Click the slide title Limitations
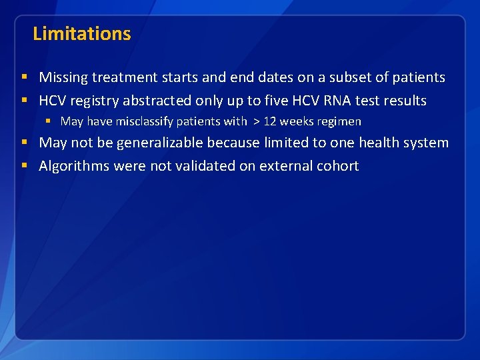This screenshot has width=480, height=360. click(x=81, y=33)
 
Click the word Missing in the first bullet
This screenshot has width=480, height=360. click(x=63, y=77)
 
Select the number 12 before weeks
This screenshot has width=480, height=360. click(x=271, y=121)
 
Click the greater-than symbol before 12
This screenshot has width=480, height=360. click(x=257, y=121)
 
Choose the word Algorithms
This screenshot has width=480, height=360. click(x=74, y=166)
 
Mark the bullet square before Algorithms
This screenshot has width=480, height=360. click(x=25, y=166)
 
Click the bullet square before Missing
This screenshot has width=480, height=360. click(x=25, y=77)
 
